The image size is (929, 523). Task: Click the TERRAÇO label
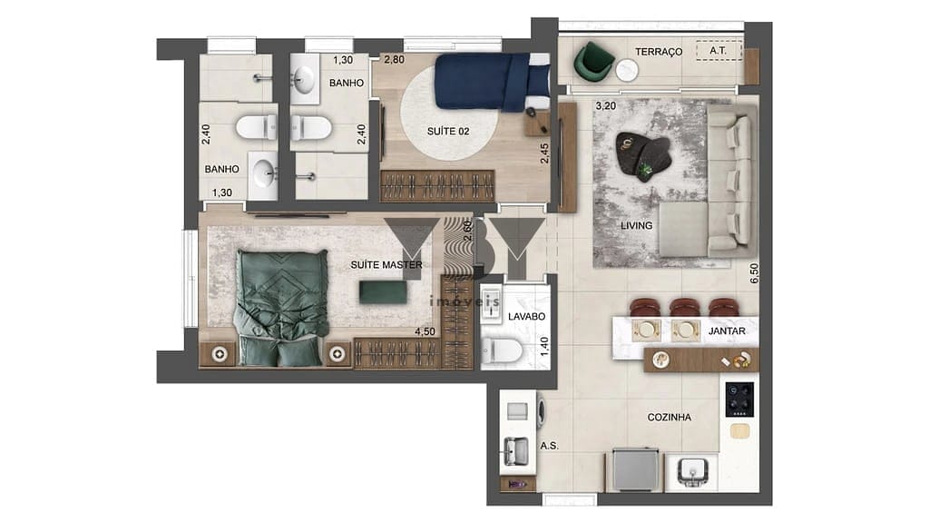pos(659,52)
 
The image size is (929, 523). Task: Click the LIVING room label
pos(636,225)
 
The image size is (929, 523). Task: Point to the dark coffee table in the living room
pos(644,157)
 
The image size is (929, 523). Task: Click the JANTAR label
pos(727,331)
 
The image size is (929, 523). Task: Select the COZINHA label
pos(669,418)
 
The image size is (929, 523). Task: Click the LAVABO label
pos(526,318)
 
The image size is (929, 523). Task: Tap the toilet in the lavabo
pos(502,350)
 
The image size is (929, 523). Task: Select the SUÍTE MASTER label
pos(386,265)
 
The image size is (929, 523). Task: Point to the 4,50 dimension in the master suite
pos(425,332)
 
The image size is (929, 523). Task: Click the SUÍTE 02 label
pos(448,132)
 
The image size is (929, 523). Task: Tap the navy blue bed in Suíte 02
pos(490,82)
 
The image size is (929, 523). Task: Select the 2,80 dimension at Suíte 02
pos(394,60)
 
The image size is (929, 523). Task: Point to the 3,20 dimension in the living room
pos(605,106)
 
